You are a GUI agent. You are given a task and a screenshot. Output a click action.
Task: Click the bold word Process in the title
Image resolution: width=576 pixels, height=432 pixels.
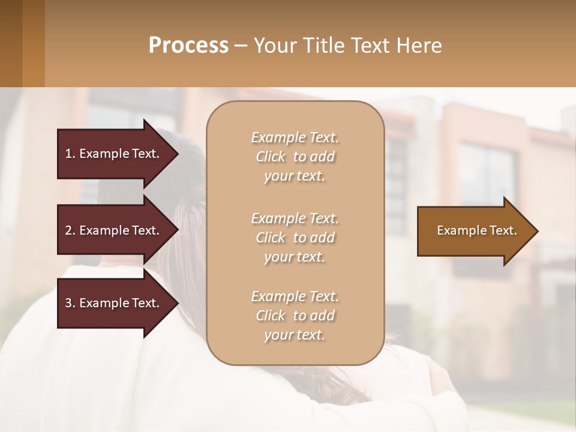click(x=188, y=45)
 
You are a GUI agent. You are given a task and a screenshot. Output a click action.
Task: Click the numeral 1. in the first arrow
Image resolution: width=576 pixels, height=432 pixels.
click(x=70, y=154)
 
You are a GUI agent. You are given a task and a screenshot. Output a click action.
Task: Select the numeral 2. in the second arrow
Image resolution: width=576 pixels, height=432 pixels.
click(x=70, y=230)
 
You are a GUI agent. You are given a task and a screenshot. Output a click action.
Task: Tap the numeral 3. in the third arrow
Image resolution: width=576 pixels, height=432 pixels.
click(x=70, y=303)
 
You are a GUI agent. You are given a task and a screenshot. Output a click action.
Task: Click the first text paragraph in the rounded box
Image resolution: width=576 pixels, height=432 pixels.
click(x=295, y=157)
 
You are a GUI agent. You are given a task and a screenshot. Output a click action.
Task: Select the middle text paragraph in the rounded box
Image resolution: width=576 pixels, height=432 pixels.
click(x=295, y=238)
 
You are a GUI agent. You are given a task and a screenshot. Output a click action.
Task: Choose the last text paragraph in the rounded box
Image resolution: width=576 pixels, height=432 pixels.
click(x=295, y=316)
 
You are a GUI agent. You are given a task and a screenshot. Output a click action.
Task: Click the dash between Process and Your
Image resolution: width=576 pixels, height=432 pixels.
click(x=241, y=46)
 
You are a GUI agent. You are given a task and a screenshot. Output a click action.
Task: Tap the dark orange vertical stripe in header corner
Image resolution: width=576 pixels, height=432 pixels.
click(x=33, y=43)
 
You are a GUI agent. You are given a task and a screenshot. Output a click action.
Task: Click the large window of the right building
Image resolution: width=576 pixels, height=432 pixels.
click(x=487, y=174)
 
